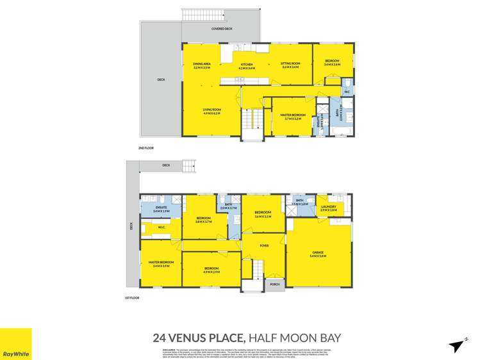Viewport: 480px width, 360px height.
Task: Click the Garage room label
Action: pos(319,254)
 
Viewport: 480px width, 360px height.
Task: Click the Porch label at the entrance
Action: pos(275,285)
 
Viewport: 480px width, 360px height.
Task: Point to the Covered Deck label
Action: pos(222,29)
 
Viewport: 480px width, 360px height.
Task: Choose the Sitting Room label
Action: pos(291,65)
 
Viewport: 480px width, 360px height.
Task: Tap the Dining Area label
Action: pos(202,65)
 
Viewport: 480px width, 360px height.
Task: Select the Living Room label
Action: pos(212,111)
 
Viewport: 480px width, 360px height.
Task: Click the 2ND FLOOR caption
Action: pos(146,148)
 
